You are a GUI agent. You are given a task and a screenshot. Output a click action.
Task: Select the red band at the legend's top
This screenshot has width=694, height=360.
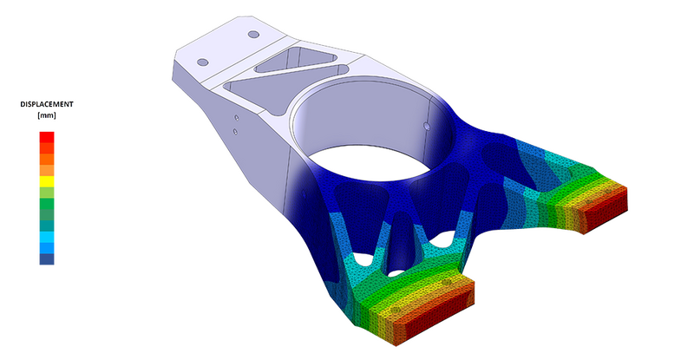click(47, 135)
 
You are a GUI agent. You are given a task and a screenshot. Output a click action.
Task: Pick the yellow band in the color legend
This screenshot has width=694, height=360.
click(47, 181)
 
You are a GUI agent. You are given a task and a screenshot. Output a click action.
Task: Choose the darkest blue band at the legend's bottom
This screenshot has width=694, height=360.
click(47, 259)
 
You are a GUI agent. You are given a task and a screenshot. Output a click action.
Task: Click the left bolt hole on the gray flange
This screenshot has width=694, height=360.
click(204, 62)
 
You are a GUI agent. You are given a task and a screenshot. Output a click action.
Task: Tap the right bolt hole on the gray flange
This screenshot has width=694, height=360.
click(252, 35)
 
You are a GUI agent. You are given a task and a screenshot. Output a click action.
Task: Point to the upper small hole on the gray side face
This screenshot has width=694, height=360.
click(236, 116)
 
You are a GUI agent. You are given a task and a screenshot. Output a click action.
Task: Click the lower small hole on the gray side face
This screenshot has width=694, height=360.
click(236, 132)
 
